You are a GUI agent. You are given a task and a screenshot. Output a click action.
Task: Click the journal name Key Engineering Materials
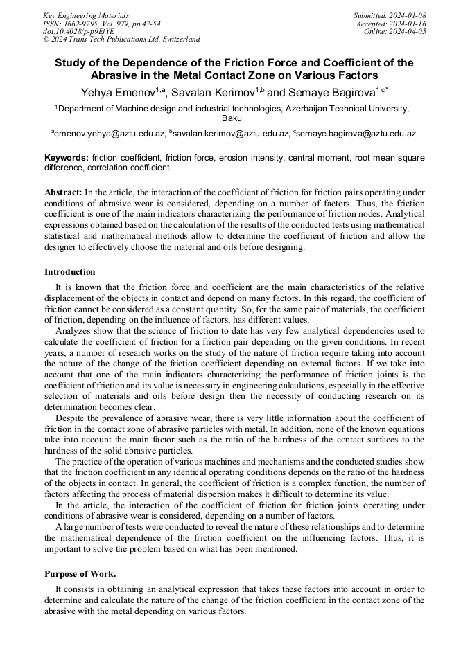click(x=85, y=15)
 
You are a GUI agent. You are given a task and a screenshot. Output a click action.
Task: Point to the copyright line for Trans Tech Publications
click(x=121, y=39)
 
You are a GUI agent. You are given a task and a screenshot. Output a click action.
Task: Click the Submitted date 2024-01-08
click(x=390, y=15)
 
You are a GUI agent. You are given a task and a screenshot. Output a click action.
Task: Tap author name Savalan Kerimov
click(x=216, y=92)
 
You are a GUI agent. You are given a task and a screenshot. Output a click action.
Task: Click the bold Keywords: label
click(x=67, y=158)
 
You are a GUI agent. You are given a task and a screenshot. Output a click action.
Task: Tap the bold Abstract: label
click(x=63, y=192)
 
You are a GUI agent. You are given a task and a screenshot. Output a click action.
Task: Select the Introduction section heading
click(x=70, y=272)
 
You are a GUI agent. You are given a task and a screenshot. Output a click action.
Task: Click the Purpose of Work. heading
click(x=80, y=574)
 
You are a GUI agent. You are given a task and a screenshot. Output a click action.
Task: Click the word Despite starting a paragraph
click(x=71, y=418)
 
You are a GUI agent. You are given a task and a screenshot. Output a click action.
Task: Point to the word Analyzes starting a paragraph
click(x=74, y=331)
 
